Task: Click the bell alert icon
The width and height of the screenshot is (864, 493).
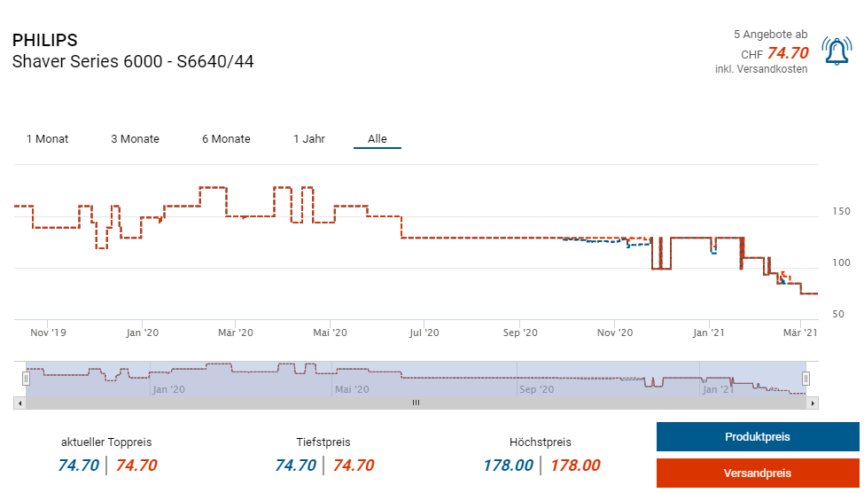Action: point(837,51)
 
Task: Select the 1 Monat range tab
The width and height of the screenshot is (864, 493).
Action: point(47,139)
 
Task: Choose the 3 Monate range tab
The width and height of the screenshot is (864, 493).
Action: point(135,139)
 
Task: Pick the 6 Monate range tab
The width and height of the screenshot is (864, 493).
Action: point(226,139)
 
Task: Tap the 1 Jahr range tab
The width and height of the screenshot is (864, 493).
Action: point(309,139)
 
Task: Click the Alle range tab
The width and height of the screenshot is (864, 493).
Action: point(378,139)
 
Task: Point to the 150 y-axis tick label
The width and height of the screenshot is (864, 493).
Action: point(841,211)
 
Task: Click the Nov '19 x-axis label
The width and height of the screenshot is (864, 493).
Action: point(48,333)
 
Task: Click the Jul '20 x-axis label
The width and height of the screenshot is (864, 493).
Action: point(424,333)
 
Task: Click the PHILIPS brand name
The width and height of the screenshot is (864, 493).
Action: point(45,41)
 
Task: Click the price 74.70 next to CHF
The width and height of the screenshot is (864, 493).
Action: point(788,53)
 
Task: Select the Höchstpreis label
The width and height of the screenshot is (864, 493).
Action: point(541,442)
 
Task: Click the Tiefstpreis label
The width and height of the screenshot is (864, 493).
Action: point(324,442)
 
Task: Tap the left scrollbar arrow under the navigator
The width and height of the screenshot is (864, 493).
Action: point(18,403)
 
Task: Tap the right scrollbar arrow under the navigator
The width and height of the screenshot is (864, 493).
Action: point(813,403)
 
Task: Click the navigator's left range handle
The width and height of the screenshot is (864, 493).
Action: point(26,378)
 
